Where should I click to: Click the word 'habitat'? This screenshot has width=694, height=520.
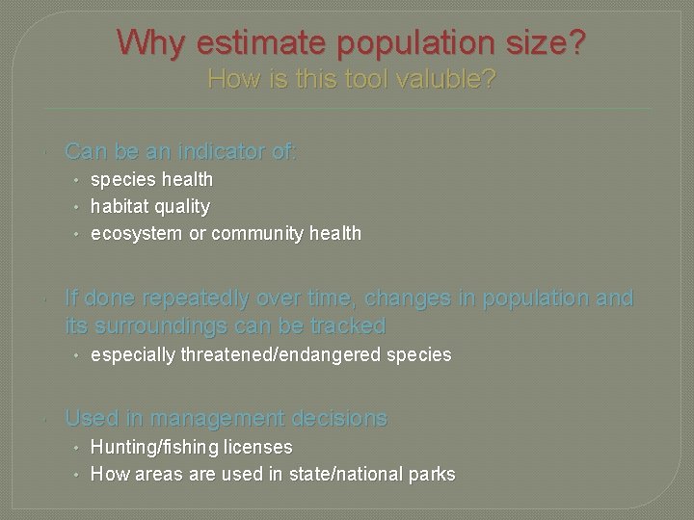click(x=119, y=206)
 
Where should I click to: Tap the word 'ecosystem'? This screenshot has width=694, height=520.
click(x=135, y=233)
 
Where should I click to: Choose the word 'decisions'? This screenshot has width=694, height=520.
click(x=339, y=418)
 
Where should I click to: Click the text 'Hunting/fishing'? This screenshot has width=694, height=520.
click(x=154, y=447)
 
